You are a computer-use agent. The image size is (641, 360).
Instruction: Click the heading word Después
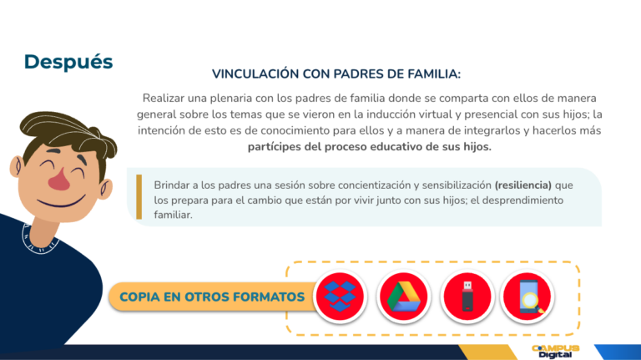pyautogui.click(x=68, y=63)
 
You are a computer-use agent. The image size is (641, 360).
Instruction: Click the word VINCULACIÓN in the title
pyautogui.click(x=255, y=74)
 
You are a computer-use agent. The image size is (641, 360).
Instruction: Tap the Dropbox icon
pyautogui.click(x=340, y=297)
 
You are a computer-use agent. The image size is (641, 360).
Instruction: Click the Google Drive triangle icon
pyautogui.click(x=403, y=297)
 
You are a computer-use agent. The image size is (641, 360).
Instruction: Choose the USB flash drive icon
pyautogui.click(x=467, y=297)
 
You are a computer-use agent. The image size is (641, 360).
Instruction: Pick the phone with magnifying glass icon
pyautogui.click(x=527, y=297)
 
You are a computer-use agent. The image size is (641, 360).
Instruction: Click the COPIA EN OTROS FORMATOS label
pyautogui.click(x=212, y=297)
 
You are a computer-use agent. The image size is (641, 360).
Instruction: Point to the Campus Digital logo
pyautogui.click(x=555, y=352)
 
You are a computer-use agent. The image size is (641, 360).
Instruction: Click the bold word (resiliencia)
pyautogui.click(x=522, y=185)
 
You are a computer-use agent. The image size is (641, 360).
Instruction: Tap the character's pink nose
pyautogui.click(x=60, y=180)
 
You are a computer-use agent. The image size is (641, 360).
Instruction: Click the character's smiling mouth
pyautogui.click(x=61, y=201)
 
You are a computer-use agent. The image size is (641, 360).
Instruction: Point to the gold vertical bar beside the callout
pyautogui.click(x=139, y=197)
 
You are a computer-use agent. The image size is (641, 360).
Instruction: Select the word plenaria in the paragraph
pyautogui.click(x=231, y=99)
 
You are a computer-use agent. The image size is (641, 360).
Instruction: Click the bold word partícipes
pyautogui.click(x=275, y=147)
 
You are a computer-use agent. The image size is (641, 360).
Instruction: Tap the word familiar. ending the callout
pyautogui.click(x=173, y=215)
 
